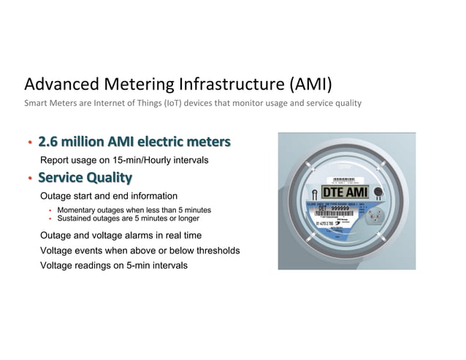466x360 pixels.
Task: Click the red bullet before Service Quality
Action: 29,178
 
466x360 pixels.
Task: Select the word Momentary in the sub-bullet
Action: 78,210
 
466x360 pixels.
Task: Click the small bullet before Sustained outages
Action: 50,218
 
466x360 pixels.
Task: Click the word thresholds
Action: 215,250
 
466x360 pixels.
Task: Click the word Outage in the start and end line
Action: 56,196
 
